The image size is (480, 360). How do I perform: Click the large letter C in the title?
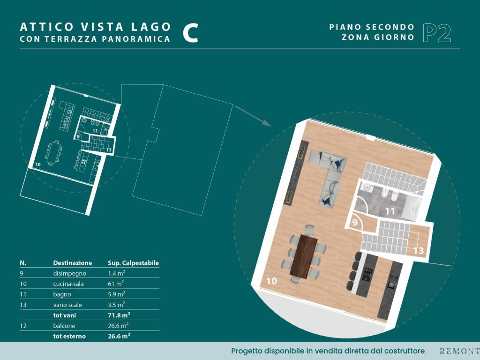click(x=190, y=33)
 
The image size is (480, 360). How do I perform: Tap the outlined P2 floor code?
click(x=437, y=33)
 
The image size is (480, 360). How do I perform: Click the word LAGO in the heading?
click(x=151, y=27)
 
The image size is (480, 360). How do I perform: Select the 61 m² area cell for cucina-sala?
click(x=116, y=284)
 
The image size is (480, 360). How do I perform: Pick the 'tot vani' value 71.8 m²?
click(x=119, y=315)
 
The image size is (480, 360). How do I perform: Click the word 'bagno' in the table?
click(x=62, y=294)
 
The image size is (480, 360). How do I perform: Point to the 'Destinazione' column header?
click(x=73, y=262)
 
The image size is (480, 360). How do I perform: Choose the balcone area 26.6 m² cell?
click(x=118, y=325)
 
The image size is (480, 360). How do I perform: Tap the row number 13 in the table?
click(x=23, y=305)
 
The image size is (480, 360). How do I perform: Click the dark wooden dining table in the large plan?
click(x=304, y=256)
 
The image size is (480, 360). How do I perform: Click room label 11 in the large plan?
click(x=390, y=211)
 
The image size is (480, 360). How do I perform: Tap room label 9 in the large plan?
click(x=355, y=222)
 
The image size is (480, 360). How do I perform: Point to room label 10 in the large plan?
click(x=271, y=281)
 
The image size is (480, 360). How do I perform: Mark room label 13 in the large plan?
click(x=419, y=250)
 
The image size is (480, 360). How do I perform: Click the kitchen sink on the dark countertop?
click(x=391, y=284)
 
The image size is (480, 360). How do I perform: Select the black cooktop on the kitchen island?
click(x=367, y=275)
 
